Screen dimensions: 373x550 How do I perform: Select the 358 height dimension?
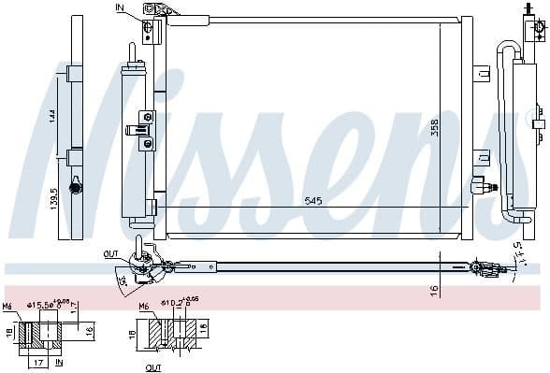click(434, 128)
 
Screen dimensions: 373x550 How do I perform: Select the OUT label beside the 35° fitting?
click(111, 252)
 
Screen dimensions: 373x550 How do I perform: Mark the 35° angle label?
click(122, 280)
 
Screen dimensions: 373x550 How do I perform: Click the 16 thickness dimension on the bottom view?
click(434, 291)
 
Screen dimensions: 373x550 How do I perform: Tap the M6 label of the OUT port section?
click(144, 306)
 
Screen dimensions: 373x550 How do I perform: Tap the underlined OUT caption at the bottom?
click(154, 367)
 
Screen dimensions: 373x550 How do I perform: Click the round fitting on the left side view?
click(76, 188)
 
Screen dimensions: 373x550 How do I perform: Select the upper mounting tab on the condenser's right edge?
click(480, 73)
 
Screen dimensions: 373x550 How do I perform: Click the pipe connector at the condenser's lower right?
click(480, 185)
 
